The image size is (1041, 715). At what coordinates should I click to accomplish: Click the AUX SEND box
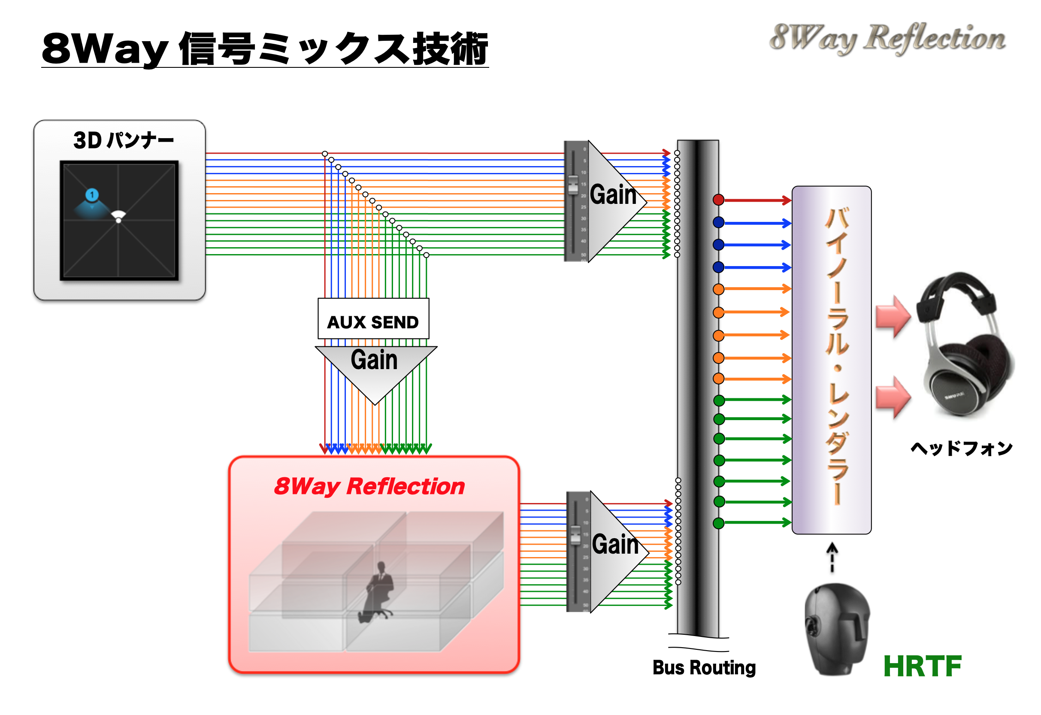point(373,319)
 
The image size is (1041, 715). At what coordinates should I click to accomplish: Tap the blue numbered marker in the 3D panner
point(92,195)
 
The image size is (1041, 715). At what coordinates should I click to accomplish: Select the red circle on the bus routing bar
point(718,200)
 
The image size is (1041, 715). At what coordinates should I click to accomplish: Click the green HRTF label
point(922,666)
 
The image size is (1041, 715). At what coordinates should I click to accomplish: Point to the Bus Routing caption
point(704,667)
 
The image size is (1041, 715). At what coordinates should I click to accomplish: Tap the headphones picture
point(963,345)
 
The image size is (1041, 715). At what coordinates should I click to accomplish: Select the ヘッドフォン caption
point(961,448)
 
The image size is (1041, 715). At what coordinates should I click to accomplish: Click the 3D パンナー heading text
point(123,141)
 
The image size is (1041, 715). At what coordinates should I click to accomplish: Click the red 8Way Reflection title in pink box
point(369,487)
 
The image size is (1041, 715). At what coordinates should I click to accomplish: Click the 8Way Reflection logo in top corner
point(887,39)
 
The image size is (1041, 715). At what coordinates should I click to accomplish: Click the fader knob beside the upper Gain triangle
point(573,185)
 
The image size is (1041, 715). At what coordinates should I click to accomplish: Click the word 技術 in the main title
point(450,49)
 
